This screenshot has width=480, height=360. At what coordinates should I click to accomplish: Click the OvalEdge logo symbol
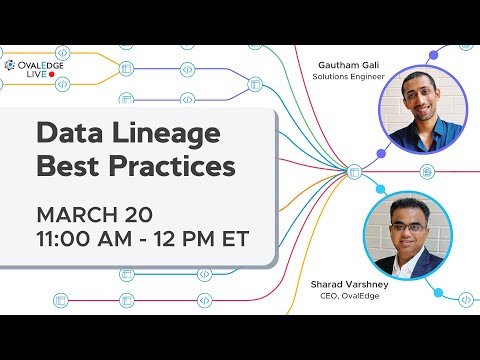pos(10,65)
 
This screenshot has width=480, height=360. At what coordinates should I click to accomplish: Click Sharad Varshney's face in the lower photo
pos(405,228)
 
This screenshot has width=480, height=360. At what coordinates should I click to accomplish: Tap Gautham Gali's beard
pos(424,112)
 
